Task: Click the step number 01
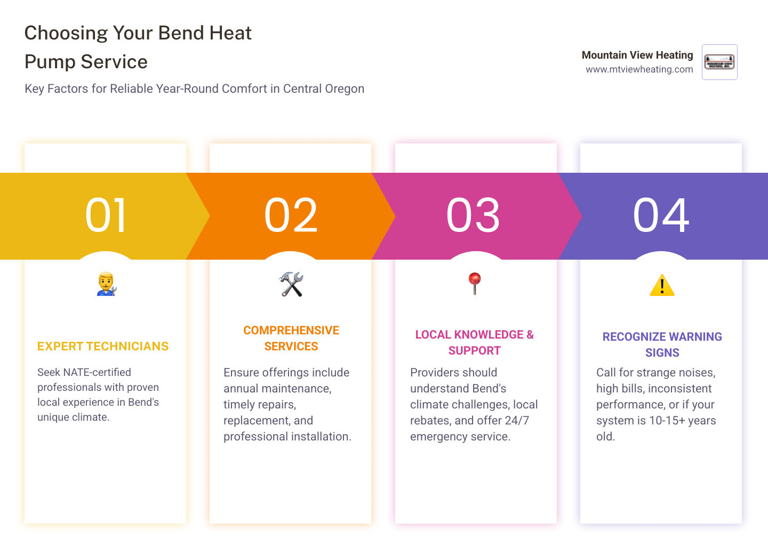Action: coord(106,215)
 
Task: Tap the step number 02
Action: coord(291,215)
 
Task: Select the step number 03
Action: coord(473,215)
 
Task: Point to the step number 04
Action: coord(661,215)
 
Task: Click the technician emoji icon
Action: coord(106,284)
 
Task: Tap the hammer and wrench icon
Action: coord(291,284)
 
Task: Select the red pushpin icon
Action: coord(475,283)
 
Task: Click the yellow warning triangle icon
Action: coord(662,285)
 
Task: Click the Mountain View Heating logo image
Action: coord(719,62)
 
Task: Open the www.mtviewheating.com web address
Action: coord(639,69)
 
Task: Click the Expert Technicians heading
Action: coord(103,347)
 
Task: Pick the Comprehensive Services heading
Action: coord(291,339)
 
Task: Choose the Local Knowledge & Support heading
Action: coord(475,342)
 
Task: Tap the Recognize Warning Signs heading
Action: coord(662,344)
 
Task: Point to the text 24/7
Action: coord(517,421)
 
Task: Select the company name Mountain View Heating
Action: coord(637,55)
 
